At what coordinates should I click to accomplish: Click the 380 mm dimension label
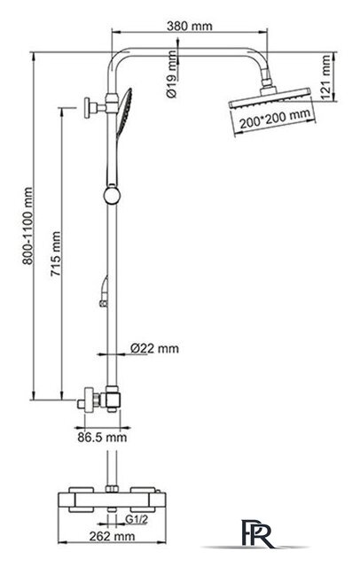click(x=189, y=26)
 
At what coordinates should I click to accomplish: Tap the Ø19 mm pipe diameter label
click(x=172, y=74)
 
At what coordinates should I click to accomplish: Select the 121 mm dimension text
click(x=326, y=77)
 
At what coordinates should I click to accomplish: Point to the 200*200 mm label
click(x=275, y=118)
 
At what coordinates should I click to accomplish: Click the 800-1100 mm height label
click(x=27, y=226)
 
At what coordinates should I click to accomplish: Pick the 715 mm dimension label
click(x=55, y=254)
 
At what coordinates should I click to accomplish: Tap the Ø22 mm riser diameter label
click(x=154, y=348)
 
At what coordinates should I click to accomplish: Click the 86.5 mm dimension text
click(x=102, y=437)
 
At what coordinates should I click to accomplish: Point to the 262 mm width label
click(x=112, y=536)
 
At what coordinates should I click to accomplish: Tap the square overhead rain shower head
click(x=270, y=97)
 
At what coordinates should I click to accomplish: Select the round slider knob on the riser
click(x=112, y=196)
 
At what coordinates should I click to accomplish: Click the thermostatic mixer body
click(x=112, y=500)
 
